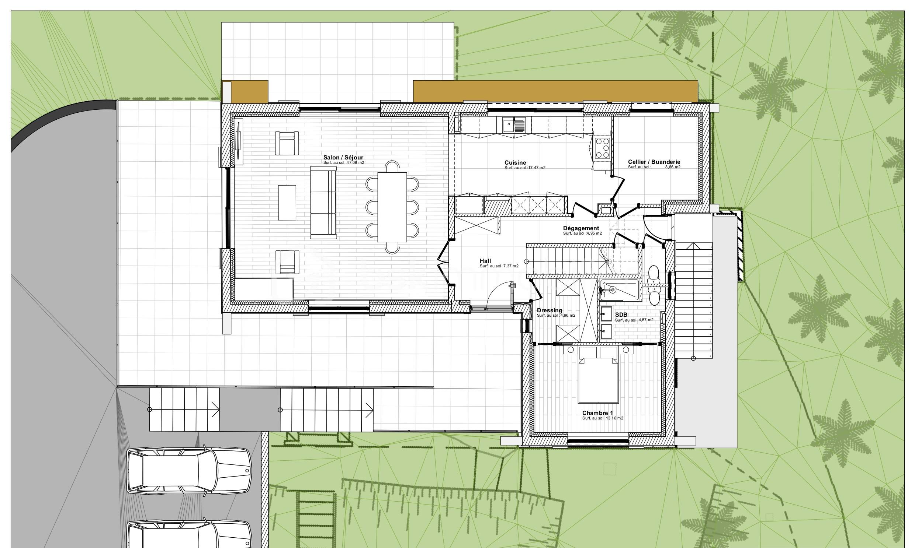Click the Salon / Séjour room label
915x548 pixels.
[x=343, y=157]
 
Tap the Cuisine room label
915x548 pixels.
[x=515, y=162]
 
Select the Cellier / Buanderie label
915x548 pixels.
[x=654, y=162]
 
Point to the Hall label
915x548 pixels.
[x=485, y=261]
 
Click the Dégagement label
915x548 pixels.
[x=581, y=228]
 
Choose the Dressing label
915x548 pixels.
[x=550, y=310]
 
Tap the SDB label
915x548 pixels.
[x=621, y=315]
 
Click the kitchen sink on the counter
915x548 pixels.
[x=513, y=125]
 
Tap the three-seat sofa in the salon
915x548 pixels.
[x=323, y=202]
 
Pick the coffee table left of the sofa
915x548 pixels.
[x=287, y=202]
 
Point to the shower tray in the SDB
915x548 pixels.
[x=619, y=290]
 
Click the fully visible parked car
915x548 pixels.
[x=188, y=471]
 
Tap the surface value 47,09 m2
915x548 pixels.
[x=354, y=162]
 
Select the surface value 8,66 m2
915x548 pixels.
[x=672, y=167]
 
